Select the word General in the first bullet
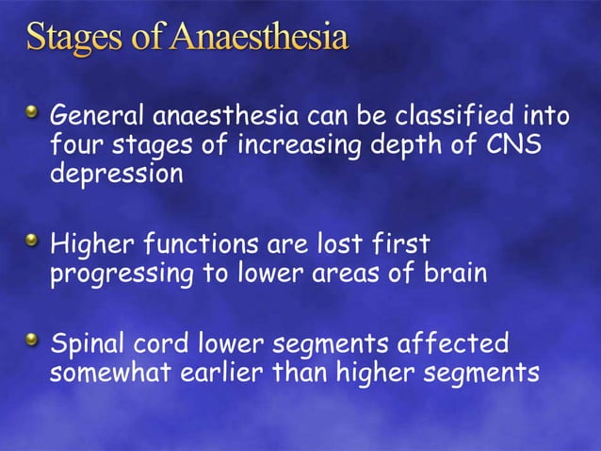(90, 118)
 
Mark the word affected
(456, 341)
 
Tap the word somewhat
(109, 371)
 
